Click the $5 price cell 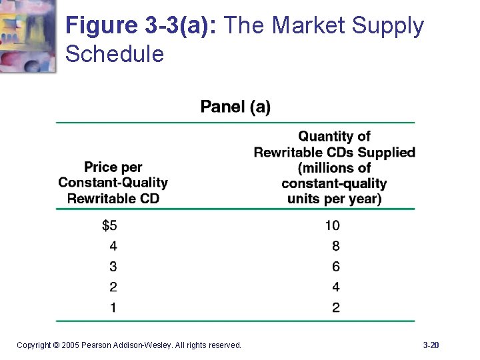109,225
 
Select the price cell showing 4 113,246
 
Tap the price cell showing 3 113,267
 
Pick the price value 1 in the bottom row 113,307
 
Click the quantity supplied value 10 332,225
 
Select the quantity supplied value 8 335,246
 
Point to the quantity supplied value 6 335,267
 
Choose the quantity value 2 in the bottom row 335,307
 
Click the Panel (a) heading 235,107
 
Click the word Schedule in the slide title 115,54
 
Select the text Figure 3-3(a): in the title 143,27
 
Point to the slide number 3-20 431,345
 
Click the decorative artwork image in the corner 28,35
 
